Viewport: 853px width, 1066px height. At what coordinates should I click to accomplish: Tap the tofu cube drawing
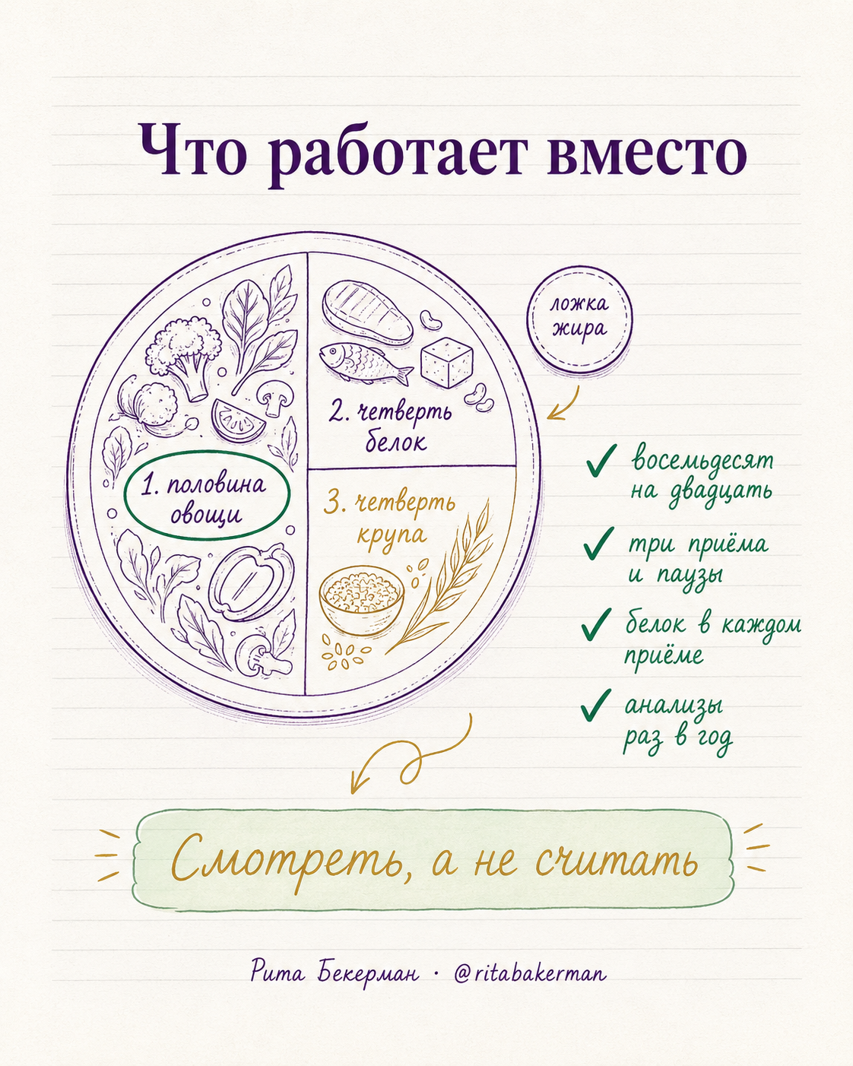click(446, 362)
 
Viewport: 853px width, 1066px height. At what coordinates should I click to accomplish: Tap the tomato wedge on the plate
click(239, 419)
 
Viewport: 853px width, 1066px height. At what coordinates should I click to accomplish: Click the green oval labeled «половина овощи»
click(206, 495)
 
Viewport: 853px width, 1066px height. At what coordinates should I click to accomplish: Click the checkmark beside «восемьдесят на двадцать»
click(601, 460)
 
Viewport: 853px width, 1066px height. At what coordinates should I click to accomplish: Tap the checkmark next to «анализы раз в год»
click(598, 705)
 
